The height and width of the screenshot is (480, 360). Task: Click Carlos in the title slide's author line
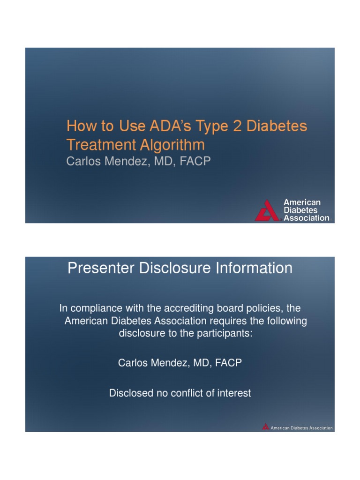pos(83,161)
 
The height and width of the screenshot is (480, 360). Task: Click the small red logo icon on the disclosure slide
pos(266,427)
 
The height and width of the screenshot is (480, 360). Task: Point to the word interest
pos(234,393)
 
